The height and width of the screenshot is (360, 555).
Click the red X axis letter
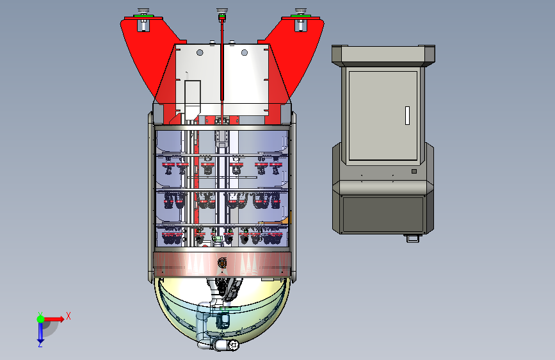tap(68, 316)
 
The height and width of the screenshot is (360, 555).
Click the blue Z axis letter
tap(40, 344)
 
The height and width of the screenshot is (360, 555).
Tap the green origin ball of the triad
tap(41, 319)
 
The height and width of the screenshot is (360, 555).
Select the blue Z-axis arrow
tap(40, 332)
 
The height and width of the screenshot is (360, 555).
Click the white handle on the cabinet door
tap(407, 115)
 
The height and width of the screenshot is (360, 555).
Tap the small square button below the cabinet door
tap(414, 172)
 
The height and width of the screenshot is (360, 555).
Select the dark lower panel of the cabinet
tap(383, 215)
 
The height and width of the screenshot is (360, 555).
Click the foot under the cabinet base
tap(413, 238)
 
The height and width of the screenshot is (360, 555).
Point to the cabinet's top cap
tap(383, 56)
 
